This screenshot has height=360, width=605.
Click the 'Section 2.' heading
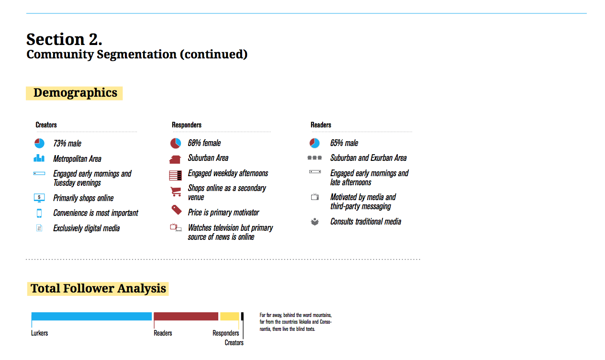[x=64, y=39]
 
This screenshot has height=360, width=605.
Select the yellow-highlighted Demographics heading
[x=74, y=93]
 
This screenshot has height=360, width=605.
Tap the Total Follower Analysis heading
[x=98, y=289]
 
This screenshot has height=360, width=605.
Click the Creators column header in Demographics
[x=46, y=125]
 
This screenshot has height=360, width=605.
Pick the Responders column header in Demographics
[x=187, y=125]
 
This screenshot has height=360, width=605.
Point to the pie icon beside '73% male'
[x=39, y=143]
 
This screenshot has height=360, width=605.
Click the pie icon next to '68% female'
[x=176, y=143]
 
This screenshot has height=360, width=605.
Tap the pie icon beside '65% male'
[x=314, y=143]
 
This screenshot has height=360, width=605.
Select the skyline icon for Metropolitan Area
[x=39, y=158]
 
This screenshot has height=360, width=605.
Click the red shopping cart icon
[x=176, y=191]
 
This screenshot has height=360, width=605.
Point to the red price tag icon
[x=177, y=210]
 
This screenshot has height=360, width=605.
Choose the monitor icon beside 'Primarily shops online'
[x=39, y=198]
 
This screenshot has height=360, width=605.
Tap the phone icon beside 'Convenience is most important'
[x=39, y=213]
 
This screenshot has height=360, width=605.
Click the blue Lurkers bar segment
[x=91, y=316]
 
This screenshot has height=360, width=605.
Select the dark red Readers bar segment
[x=186, y=316]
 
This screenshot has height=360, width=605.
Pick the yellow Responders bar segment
[x=230, y=316]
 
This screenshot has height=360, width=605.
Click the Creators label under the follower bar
[x=234, y=343]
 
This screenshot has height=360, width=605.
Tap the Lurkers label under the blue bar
[x=39, y=333]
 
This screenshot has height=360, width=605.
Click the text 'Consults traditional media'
[x=366, y=222]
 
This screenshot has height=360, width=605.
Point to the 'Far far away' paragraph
[x=296, y=322]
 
